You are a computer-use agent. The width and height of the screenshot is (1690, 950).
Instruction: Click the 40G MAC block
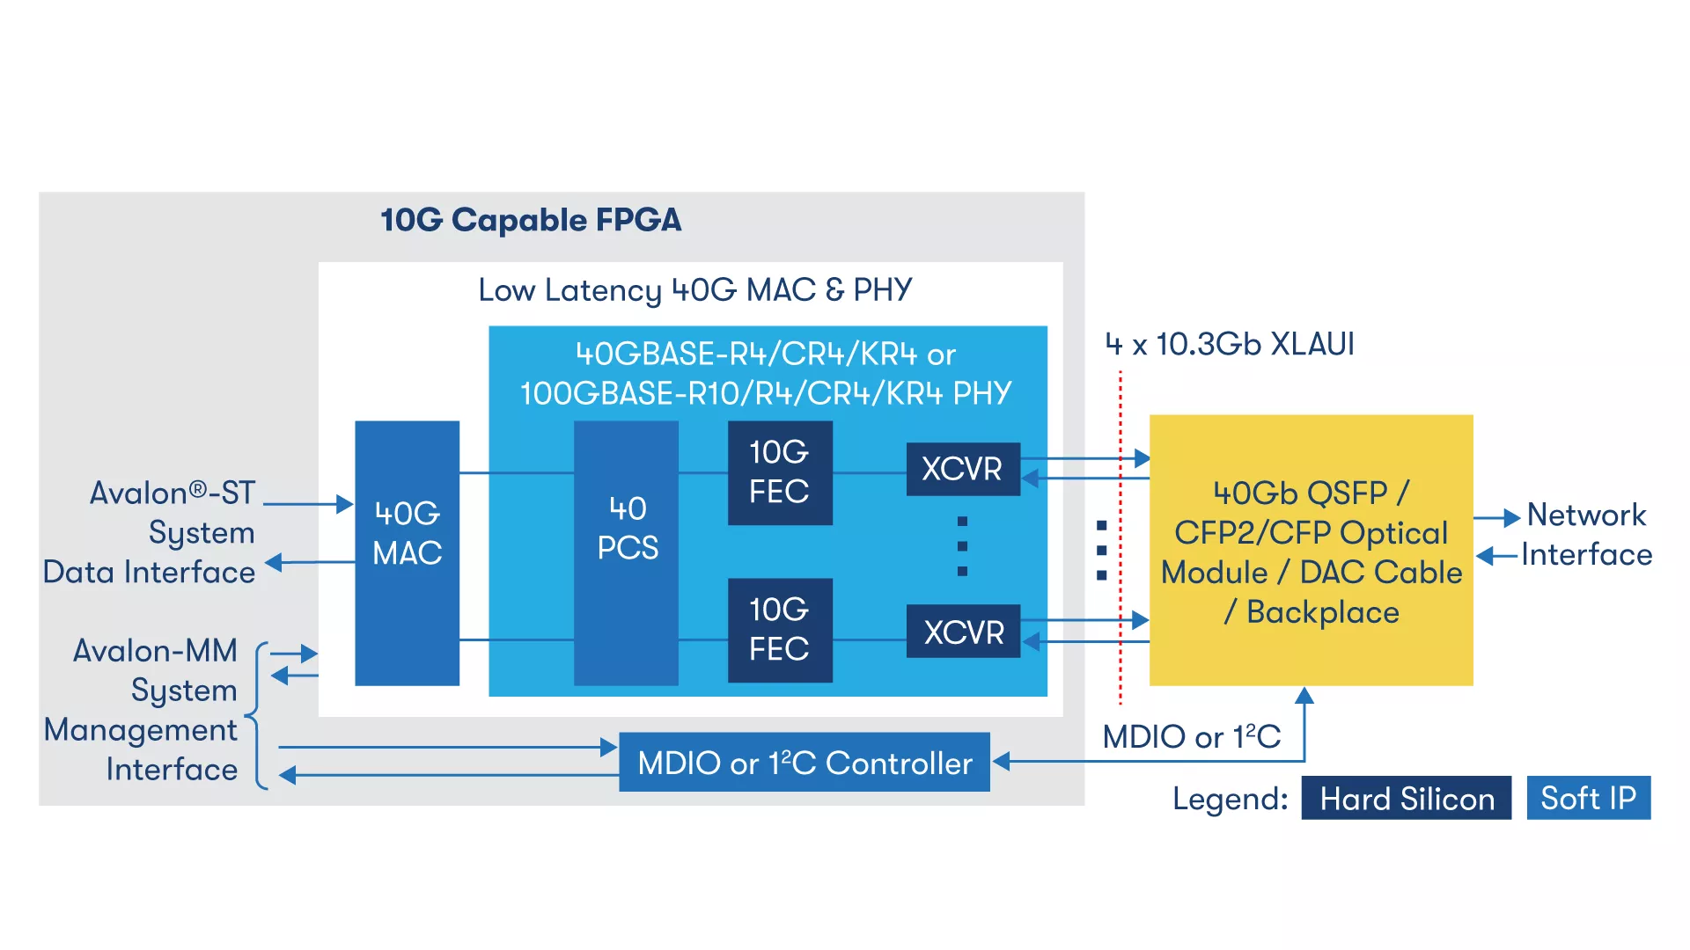click(x=407, y=552)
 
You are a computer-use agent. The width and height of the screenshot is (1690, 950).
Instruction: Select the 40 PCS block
click(x=626, y=552)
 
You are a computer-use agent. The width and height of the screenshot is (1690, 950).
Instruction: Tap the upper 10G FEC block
click(x=780, y=472)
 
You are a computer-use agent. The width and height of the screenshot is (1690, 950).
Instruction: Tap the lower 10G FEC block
click(x=780, y=630)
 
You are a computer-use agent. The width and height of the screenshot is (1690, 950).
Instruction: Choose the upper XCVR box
click(x=963, y=469)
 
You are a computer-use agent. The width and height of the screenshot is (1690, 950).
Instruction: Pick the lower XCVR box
click(x=963, y=632)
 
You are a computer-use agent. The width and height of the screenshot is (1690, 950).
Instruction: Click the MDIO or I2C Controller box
click(x=804, y=763)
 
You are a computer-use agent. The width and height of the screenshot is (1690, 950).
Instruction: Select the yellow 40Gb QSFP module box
click(x=1311, y=550)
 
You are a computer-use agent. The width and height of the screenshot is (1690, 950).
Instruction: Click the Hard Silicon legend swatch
click(x=1406, y=798)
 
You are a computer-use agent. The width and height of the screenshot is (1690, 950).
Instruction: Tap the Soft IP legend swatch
click(x=1588, y=798)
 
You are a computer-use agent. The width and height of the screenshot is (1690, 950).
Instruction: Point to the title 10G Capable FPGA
click(x=531, y=220)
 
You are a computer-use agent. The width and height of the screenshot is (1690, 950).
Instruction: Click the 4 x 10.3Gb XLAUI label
click(x=1230, y=344)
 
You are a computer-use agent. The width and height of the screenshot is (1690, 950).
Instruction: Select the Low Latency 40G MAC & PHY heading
click(x=694, y=290)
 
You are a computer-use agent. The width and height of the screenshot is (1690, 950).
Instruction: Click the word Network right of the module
click(x=1586, y=515)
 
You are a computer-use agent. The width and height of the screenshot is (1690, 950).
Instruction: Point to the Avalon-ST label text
click(x=173, y=493)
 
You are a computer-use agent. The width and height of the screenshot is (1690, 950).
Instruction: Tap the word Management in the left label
click(x=141, y=730)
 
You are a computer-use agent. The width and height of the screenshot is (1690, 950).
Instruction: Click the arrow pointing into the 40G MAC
click(x=344, y=504)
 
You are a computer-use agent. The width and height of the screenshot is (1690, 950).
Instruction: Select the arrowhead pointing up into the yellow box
click(x=1304, y=697)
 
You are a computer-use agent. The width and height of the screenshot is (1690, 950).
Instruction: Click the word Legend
click(x=1230, y=799)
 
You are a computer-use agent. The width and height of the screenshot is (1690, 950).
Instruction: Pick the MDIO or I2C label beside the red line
click(x=1191, y=736)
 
